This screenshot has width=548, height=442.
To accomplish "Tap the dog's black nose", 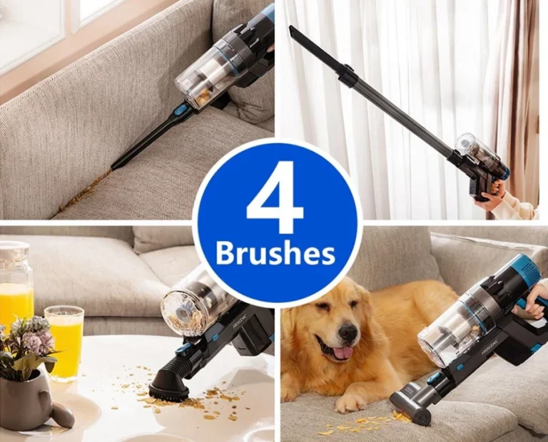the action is (x=347, y=334).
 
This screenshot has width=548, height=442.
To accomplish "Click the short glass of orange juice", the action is (x=64, y=342).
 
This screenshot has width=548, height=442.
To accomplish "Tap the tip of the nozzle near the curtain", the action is (x=290, y=29).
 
